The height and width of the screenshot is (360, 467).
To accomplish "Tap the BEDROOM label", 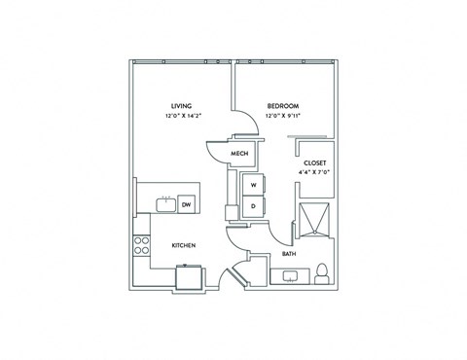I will pos(282,105).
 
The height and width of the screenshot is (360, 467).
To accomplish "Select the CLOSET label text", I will pos(314,163).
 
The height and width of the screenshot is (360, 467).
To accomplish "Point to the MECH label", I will pos(237,154).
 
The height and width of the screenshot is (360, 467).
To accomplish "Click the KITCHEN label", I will pos(184,245).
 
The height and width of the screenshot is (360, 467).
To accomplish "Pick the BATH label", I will pos(289,254).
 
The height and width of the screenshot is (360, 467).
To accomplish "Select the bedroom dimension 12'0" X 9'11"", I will pos(282,116).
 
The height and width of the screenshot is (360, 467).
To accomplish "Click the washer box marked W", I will pos(253,185).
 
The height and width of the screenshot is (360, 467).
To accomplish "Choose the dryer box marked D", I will pos(253,205).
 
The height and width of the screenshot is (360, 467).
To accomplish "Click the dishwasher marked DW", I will pos(186,203).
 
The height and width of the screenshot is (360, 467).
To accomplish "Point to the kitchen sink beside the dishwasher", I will pos(165,203).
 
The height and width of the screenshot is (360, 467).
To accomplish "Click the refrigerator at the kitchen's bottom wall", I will pos(189,278).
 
